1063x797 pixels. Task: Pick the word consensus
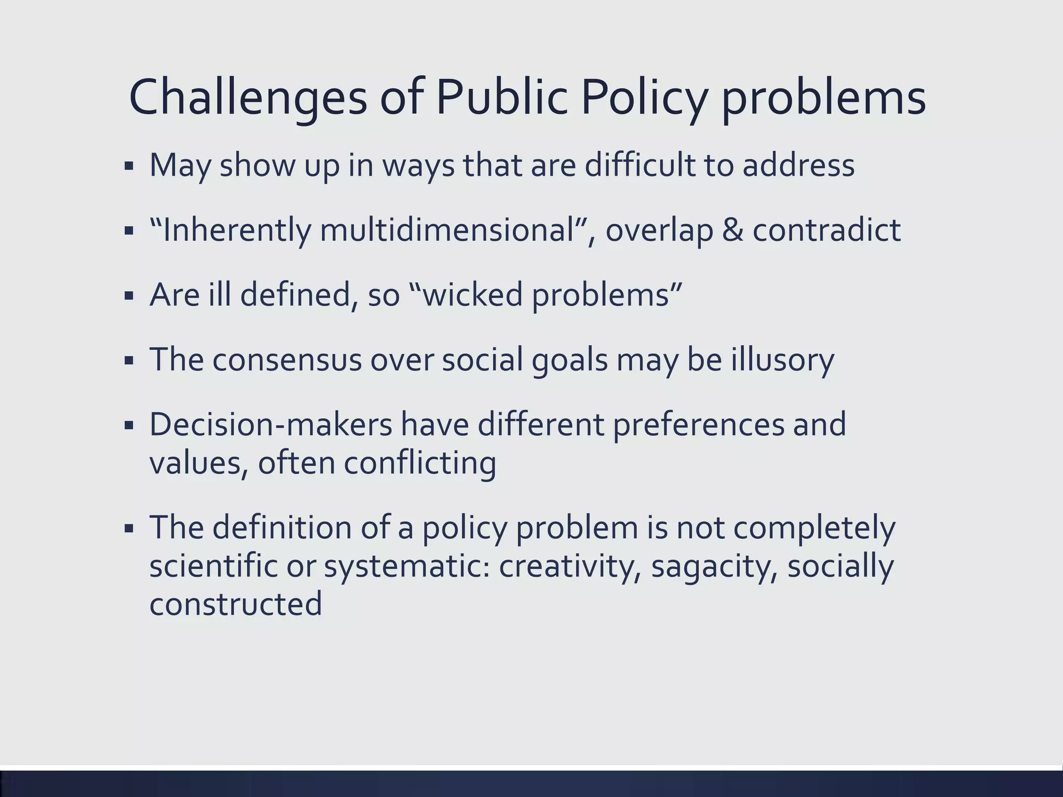pos(287,360)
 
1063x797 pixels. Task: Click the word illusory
pos(783,360)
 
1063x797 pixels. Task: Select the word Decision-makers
pos(271,424)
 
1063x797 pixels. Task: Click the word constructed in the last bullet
pos(236,604)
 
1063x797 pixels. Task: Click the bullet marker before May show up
pos(129,167)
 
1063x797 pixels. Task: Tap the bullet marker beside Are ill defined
pos(129,297)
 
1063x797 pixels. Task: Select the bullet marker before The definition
pos(129,529)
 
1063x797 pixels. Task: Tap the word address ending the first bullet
pos(798,165)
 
